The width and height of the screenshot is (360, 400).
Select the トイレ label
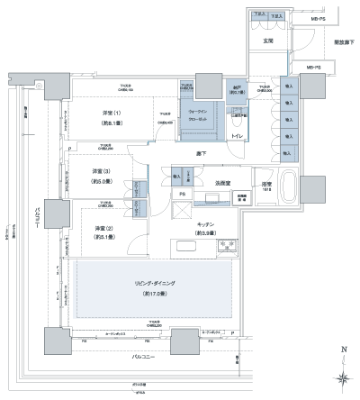click(x=237, y=136)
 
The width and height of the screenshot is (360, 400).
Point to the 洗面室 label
click(x=222, y=183)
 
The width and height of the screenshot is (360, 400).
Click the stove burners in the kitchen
click(x=226, y=245)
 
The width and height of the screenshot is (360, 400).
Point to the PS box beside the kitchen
click(x=182, y=194)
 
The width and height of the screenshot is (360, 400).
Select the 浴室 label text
click(x=266, y=183)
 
